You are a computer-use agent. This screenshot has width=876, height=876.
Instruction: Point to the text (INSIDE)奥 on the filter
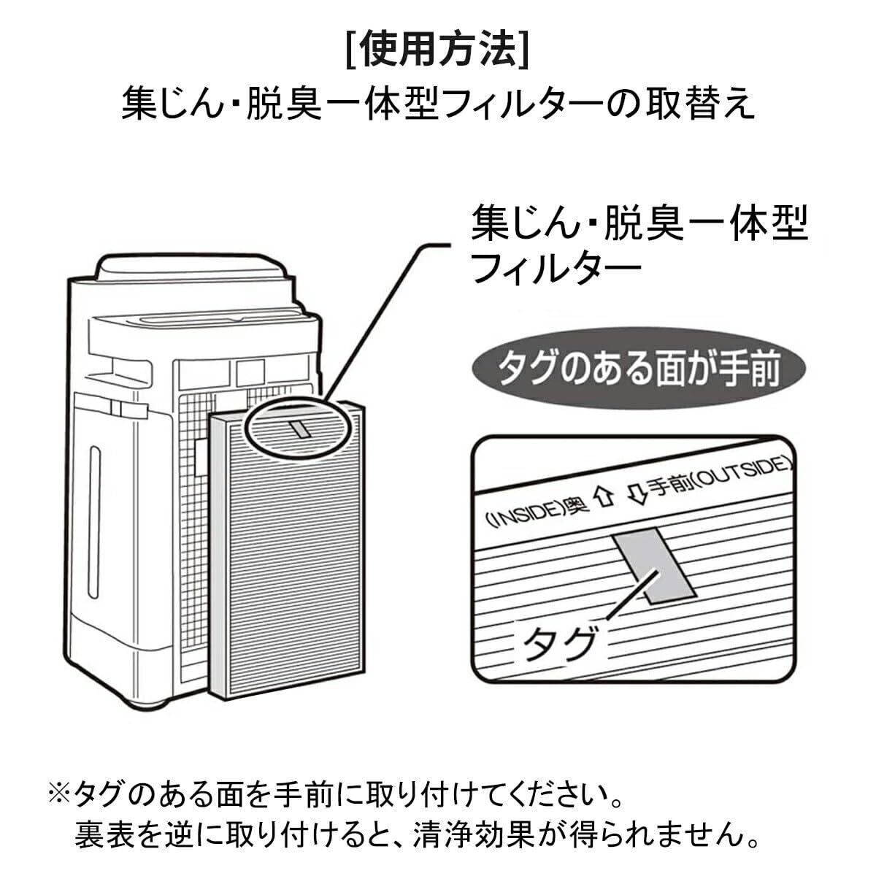tap(527, 513)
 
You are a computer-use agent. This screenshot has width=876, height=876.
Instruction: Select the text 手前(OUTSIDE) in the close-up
tap(719, 477)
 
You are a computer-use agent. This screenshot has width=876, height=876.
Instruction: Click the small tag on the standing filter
tap(299, 429)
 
